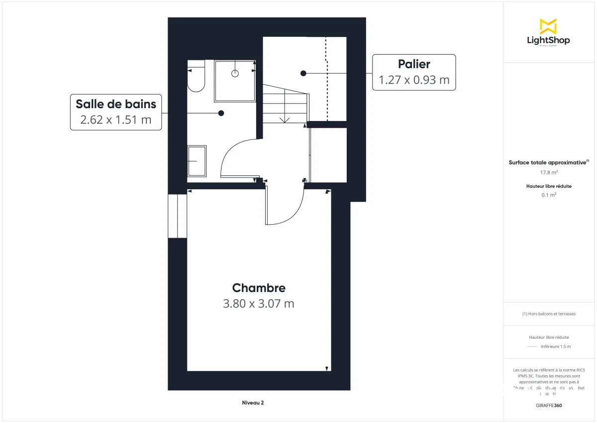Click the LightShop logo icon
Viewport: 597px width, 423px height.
[548, 26]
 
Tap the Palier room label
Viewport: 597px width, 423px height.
[414, 64]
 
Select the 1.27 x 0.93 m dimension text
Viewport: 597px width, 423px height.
[414, 80]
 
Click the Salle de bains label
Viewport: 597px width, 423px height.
[116, 104]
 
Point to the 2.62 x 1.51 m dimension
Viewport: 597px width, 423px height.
[116, 120]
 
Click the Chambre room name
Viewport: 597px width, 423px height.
[259, 288]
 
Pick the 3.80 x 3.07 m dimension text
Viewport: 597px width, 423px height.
[259, 303]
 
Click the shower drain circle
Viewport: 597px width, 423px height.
[235, 73]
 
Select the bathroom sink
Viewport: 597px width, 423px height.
[197, 161]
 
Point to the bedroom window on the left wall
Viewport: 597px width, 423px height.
[177, 216]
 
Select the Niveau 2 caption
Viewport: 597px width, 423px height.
[253, 403]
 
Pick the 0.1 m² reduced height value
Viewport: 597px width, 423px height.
[549, 195]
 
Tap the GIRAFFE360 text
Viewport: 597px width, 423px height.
[549, 406]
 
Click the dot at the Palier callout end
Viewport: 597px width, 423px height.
[303, 73]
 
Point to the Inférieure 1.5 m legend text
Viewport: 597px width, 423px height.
[556, 346]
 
